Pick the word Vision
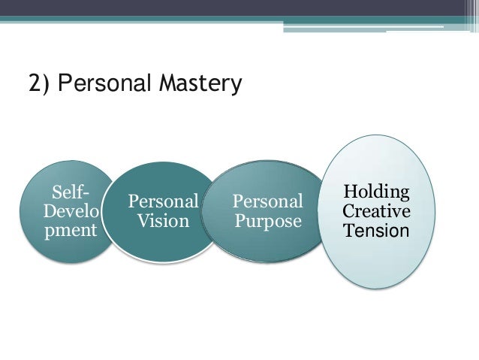coord(163,222)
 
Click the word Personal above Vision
coord(163,202)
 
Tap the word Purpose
coord(268,222)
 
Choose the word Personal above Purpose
coord(268,202)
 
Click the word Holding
coord(376,192)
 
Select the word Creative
coord(376,210)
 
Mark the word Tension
coord(376,229)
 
